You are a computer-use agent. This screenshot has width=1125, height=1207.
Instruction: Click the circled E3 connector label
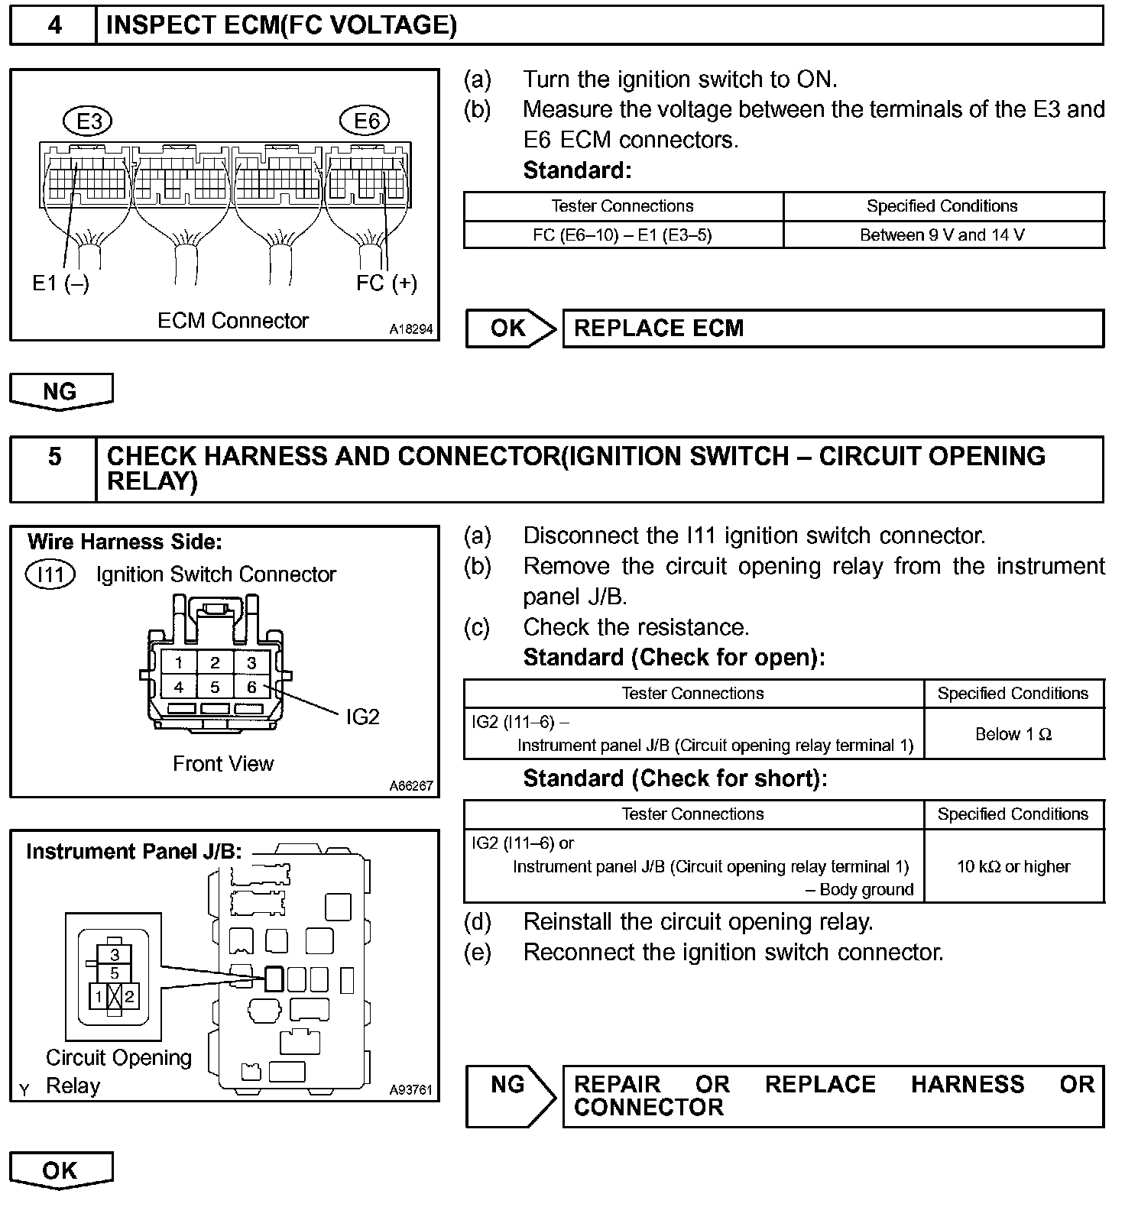pos(89,121)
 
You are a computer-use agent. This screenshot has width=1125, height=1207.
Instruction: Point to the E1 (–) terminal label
pos(60,283)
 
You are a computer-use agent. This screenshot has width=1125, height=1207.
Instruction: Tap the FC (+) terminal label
pos(387,283)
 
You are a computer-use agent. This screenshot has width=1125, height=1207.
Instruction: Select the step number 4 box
pos(54,25)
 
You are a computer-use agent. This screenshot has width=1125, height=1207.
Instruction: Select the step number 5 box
pos(54,457)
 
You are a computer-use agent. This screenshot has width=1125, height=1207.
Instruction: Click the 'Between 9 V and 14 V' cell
pos(942,235)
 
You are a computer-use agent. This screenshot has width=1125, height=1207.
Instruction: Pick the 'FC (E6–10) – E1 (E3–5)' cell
pos(622,235)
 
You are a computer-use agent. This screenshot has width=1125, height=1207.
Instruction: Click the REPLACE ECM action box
pos(833,328)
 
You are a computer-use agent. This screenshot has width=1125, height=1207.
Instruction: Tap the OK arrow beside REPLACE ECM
pos(510,328)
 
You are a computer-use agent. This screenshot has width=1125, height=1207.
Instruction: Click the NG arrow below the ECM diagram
pos(60,392)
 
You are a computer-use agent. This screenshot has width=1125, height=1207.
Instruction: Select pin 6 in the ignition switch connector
pos(251,687)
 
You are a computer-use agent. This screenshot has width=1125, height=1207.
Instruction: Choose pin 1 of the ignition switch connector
pos(179,662)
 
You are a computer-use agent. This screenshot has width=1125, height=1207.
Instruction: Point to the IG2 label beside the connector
pos(362,717)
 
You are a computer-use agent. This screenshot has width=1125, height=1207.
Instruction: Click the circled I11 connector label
pos(50,574)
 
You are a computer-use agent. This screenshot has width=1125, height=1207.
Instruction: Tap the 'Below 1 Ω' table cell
pos(1013,734)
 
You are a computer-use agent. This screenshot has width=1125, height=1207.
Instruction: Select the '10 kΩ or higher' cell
pos(1013,866)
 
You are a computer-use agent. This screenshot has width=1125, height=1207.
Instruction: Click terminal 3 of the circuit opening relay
pos(115,954)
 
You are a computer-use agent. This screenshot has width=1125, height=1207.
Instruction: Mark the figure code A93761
pos(410,1090)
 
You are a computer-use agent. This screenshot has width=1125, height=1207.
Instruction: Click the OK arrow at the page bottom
pos(60,1170)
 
